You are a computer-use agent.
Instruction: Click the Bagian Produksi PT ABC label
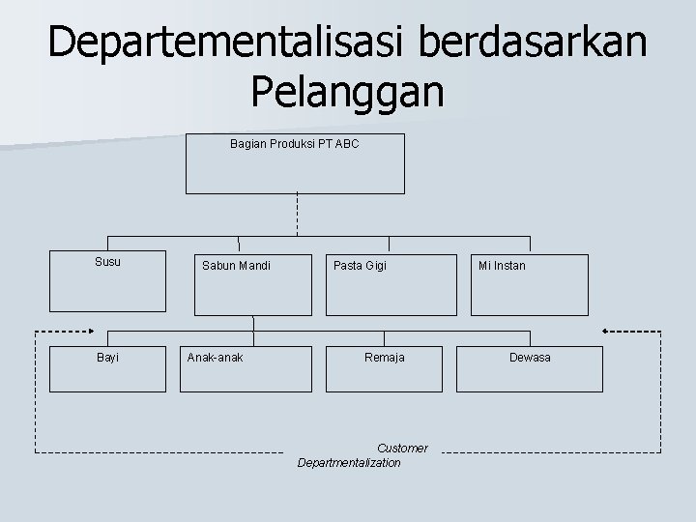pos(294,144)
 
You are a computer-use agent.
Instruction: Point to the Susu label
pos(108,262)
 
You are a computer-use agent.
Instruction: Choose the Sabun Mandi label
pos(236,266)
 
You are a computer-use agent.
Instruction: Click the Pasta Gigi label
pos(360,266)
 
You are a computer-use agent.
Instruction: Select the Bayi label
pos(107,358)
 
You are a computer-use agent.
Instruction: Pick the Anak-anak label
pos(216,358)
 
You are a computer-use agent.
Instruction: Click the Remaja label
pos(384,358)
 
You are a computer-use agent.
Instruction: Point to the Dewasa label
pos(530,358)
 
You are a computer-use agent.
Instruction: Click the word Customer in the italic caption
pos(401,449)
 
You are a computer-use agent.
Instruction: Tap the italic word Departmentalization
pos(349,463)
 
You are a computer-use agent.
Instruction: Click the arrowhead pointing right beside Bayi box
pos(91,331)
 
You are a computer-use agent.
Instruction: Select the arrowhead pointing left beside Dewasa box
pos(606,331)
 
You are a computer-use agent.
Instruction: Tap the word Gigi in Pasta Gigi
pos(375,266)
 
